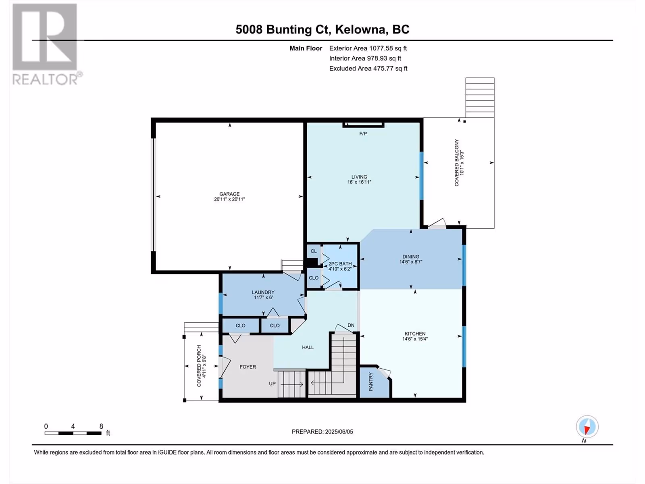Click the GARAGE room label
[229, 194]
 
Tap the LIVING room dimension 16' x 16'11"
[359, 182]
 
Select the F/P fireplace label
[363, 134]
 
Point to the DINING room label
[411, 257]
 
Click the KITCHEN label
[415, 334]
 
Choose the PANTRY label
[371, 382]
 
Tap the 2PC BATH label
[340, 264]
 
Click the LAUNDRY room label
[263, 292]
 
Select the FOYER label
[248, 367]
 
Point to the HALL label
[308, 347]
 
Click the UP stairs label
[273, 384]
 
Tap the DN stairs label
[351, 325]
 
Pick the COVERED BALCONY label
[457, 163]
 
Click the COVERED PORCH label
[199, 366]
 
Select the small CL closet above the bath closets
[314, 251]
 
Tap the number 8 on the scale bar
[101, 426]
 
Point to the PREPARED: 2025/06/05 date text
[322, 432]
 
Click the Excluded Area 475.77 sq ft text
[368, 69]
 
